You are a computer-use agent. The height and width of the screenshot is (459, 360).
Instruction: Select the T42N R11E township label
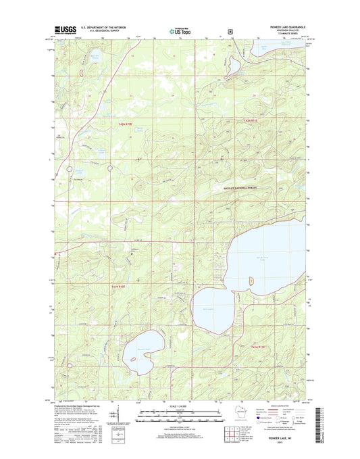251,120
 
